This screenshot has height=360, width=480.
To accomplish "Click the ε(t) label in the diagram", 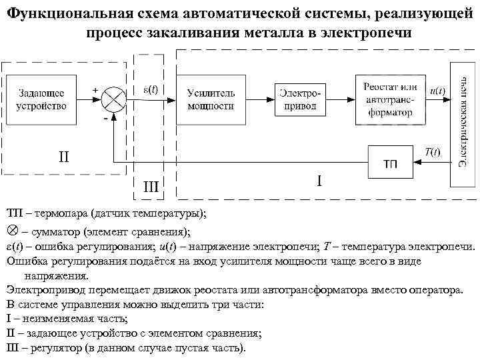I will (151, 89).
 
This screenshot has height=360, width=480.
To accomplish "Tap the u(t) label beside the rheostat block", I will (437, 91).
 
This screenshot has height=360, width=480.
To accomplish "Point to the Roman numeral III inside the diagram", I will (151, 187).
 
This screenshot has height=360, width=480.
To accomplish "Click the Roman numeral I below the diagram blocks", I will (320, 181).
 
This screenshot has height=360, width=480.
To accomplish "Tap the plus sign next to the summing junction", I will (95, 89).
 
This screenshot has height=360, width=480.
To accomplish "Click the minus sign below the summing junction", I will (105, 118).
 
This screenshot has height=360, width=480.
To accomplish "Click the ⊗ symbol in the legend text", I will (11, 233).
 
